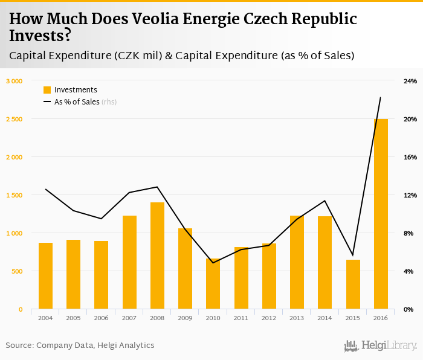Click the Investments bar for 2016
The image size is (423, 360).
[x=380, y=214]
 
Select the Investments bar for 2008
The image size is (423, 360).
[x=157, y=256]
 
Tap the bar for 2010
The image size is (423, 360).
[x=213, y=284]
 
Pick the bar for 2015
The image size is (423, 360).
[x=353, y=284]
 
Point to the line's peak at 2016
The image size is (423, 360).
[x=380, y=97]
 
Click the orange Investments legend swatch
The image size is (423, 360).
[x=47, y=90]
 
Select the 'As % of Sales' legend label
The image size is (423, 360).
[x=77, y=102]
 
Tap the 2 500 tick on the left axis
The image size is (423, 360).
[x=13, y=119]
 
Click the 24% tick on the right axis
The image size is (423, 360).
[x=410, y=81]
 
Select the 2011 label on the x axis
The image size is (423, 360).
[x=241, y=318]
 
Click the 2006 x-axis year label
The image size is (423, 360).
[x=101, y=318]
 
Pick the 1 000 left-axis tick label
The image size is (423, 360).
[x=13, y=233]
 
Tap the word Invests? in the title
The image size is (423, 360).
[x=40, y=36]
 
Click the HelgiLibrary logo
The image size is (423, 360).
[x=380, y=346]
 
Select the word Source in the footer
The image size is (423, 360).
[x=19, y=346]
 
